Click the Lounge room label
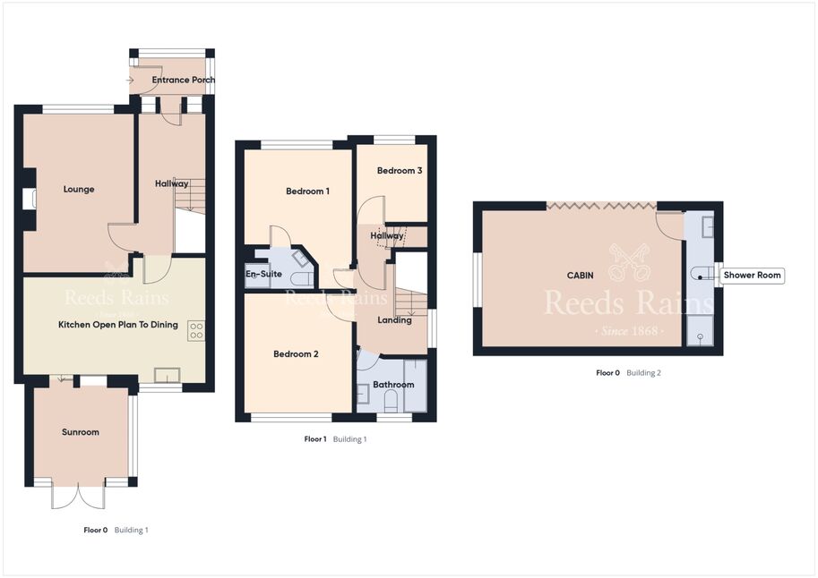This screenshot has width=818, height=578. click(79, 189)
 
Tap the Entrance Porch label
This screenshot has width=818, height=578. click(183, 80)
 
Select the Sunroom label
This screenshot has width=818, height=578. click(81, 432)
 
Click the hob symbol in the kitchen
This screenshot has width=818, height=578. click(197, 331)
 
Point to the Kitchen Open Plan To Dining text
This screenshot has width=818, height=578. click(118, 325)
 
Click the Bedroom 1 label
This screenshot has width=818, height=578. click(308, 191)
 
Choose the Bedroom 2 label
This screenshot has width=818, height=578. click(296, 354)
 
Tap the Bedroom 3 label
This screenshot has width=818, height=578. click(400, 170)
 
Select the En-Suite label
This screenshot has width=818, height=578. click(263, 274)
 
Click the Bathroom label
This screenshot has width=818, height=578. click(393, 385)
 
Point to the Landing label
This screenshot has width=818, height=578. click(394, 320)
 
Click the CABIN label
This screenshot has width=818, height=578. click(580, 276)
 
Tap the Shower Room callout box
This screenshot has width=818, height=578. click(752, 276)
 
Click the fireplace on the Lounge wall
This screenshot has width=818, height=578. click(30, 199)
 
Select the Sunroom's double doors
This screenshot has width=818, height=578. click(78, 495)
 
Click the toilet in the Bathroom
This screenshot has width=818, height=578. click(392, 402)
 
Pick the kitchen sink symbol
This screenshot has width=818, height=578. click(167, 375)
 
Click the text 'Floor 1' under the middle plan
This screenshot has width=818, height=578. click(315, 439)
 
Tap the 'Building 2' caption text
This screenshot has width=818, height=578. click(644, 373)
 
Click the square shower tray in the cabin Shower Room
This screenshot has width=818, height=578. click(700, 331)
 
